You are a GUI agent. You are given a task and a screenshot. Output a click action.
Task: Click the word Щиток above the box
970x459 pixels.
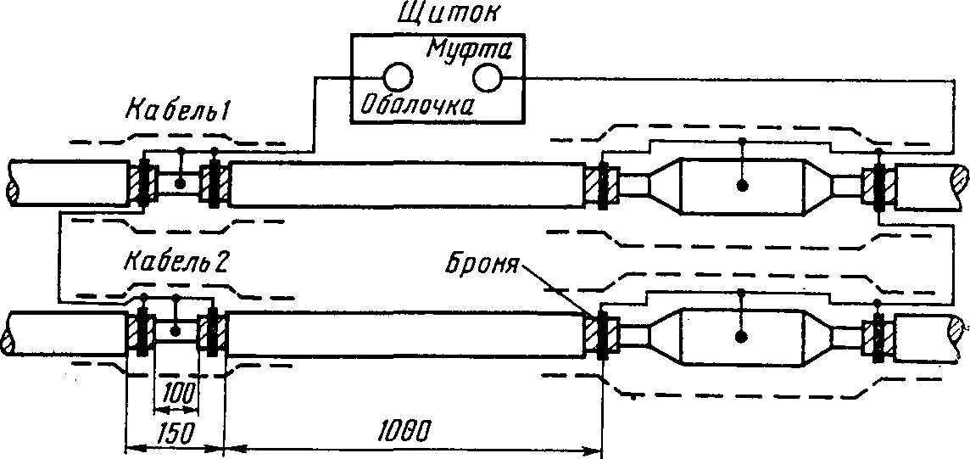[x=435, y=14]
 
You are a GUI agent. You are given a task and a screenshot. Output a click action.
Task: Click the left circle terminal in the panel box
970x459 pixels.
[x=396, y=79]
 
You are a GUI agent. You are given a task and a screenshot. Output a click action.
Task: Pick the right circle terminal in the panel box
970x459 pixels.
[x=488, y=78]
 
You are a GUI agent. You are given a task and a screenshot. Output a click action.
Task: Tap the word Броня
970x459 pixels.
[x=481, y=265]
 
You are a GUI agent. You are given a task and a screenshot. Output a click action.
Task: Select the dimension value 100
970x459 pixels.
[x=179, y=393]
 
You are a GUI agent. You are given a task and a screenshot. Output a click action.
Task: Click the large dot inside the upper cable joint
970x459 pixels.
[x=742, y=186]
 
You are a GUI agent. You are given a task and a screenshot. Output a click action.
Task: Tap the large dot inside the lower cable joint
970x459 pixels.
[x=742, y=337]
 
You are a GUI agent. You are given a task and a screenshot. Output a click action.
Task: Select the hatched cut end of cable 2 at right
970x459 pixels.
[x=959, y=331]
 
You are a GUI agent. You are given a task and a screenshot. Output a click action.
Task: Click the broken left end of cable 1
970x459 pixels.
[x=12, y=182]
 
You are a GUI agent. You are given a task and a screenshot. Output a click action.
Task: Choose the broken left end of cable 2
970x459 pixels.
[x=10, y=334]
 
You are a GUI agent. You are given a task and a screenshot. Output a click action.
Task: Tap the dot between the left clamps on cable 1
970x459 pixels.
[x=181, y=182]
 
